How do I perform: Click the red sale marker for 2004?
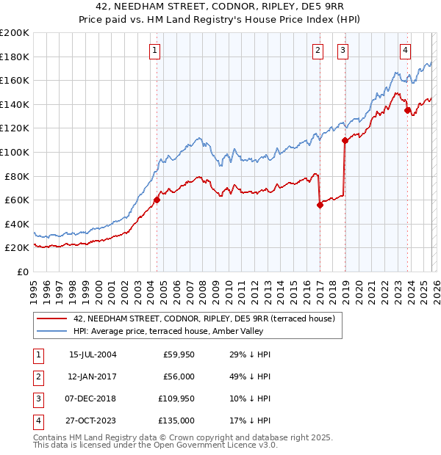point(157,200)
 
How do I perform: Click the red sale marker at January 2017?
point(320,205)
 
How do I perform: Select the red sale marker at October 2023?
point(407,110)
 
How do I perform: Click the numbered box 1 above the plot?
point(156,51)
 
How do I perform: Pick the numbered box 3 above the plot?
point(343,51)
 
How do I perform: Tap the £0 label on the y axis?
point(21,272)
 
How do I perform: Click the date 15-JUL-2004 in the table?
point(93,354)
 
